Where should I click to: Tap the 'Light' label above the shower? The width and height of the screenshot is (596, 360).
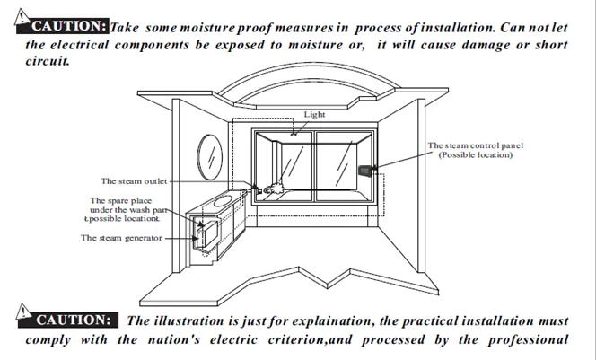[314, 115]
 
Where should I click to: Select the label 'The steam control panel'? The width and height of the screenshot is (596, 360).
[475, 145]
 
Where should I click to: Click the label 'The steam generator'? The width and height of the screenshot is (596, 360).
[122, 238]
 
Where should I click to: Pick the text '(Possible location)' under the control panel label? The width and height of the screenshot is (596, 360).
[475, 154]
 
